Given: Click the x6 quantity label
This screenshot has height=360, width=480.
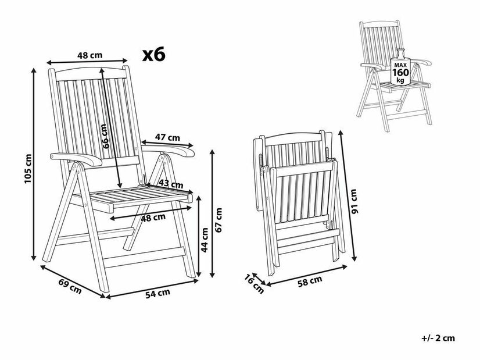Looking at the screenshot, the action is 153,54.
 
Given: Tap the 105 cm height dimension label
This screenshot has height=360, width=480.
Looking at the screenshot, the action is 28,169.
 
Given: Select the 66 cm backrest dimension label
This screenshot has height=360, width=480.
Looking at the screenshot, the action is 105,136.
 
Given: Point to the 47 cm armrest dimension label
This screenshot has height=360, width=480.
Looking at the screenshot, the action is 167,138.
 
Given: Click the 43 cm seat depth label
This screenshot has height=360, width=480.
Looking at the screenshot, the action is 171,184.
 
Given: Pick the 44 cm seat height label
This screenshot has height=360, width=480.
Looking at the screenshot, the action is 205,240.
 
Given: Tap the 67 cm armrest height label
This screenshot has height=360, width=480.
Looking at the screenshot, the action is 218,220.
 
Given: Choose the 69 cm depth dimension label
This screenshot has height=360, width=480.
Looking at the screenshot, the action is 70,287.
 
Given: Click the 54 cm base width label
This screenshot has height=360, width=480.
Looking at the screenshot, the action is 157,294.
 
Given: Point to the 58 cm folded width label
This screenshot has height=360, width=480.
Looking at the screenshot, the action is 310,281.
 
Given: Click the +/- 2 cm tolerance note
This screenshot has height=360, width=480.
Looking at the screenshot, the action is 438,338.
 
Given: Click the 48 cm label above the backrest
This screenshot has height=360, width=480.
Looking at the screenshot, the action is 89,55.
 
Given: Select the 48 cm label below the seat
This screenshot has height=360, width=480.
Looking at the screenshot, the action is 153,218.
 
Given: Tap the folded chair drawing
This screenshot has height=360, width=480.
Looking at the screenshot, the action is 298,202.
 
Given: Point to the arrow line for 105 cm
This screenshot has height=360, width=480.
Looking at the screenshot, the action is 34,164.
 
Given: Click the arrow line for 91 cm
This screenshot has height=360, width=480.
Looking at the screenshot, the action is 348,195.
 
